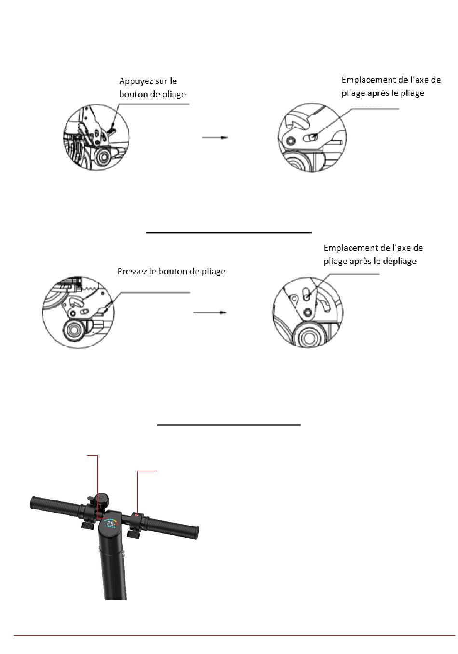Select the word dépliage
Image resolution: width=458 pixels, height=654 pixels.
400,261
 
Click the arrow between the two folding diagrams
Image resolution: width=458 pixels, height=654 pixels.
214,138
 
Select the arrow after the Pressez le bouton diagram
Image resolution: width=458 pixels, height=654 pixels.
210,312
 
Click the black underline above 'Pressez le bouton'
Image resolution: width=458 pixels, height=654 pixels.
229,232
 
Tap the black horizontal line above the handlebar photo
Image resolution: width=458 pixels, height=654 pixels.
229,425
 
